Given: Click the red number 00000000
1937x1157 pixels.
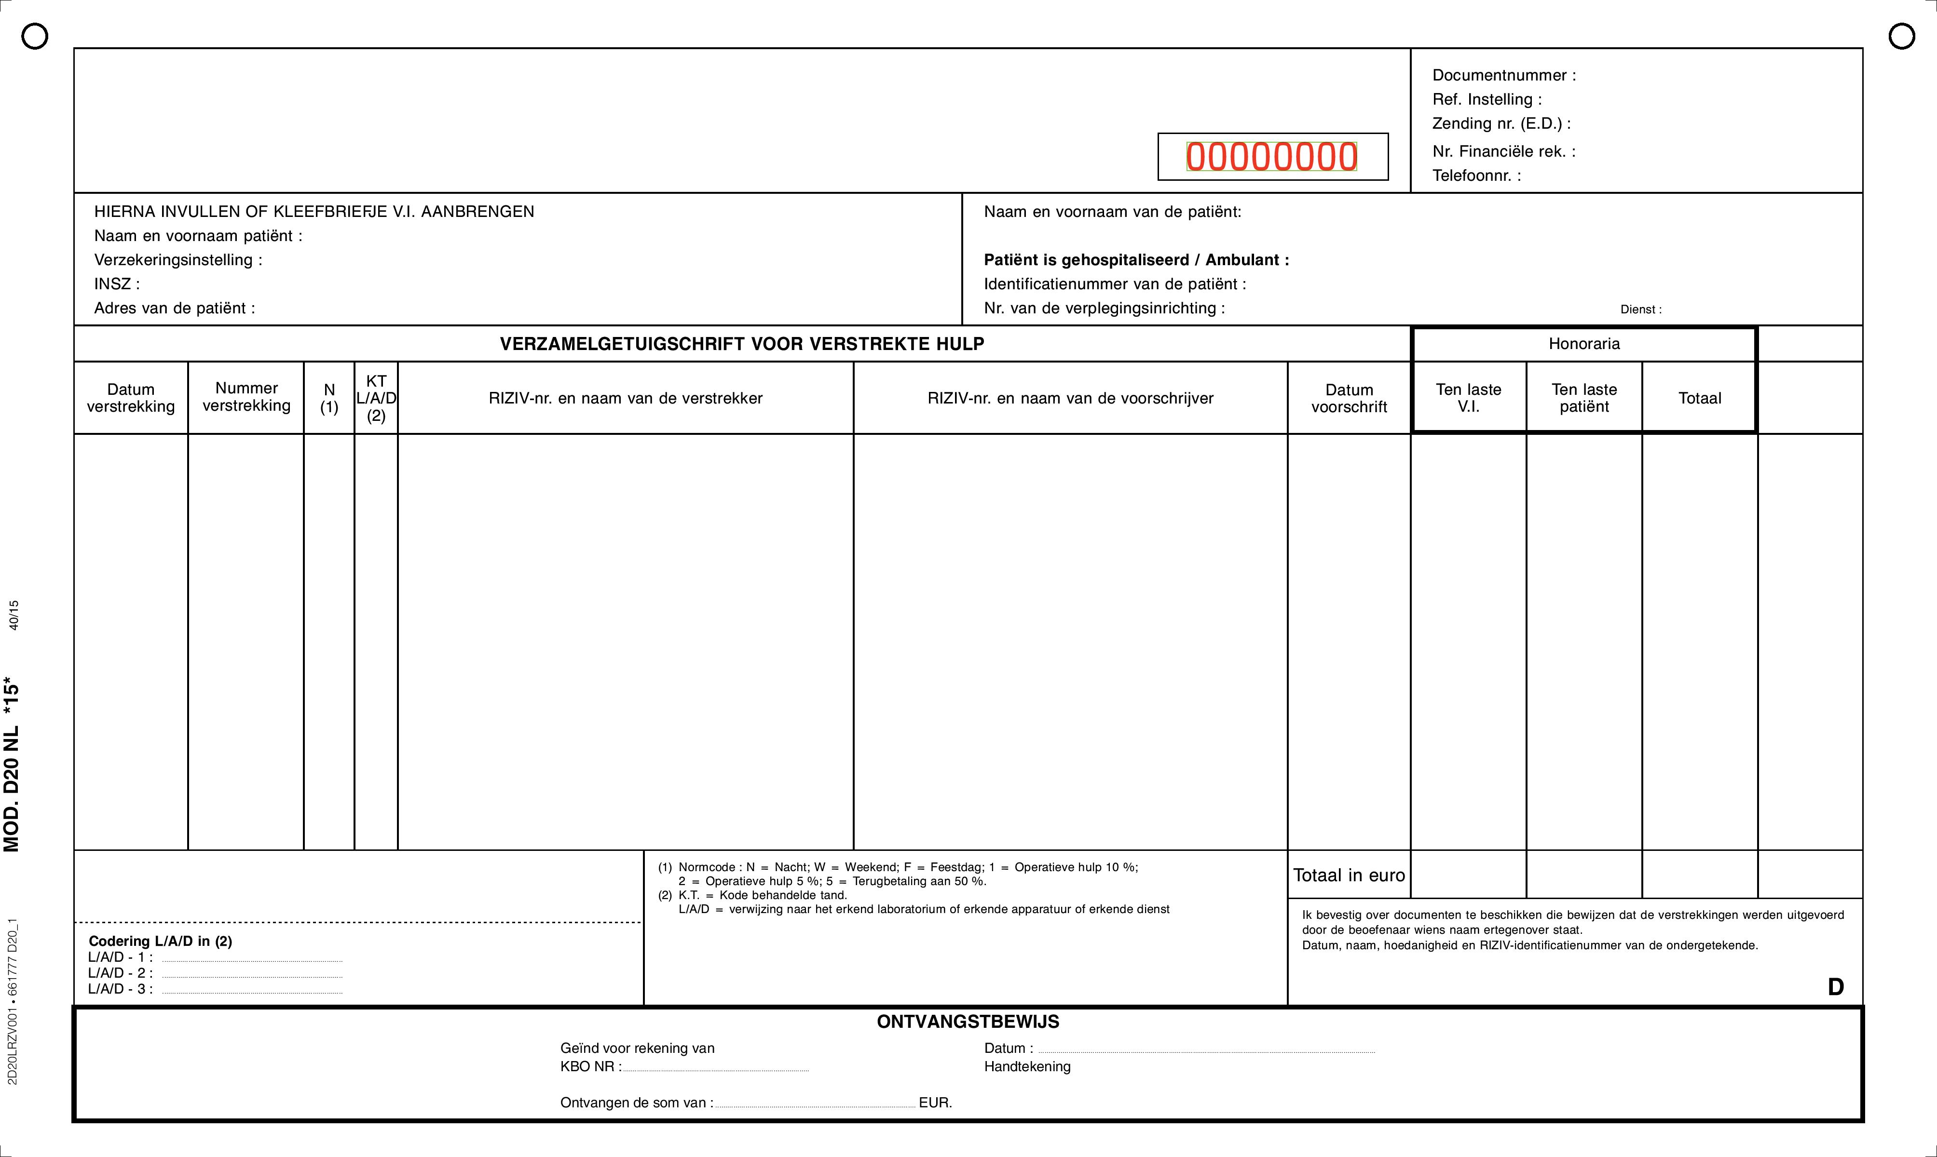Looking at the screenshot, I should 1272,157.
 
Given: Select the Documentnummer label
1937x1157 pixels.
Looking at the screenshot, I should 1503,76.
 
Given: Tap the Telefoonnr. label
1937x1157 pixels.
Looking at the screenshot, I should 1476,175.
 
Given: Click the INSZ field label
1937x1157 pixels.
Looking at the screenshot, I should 117,284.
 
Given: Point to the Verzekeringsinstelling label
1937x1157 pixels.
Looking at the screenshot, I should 178,260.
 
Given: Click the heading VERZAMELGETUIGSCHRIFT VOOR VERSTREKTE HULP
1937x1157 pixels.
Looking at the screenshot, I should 742,344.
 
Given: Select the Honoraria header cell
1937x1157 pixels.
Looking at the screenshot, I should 1584,344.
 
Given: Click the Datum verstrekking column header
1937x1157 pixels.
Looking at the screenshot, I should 131,398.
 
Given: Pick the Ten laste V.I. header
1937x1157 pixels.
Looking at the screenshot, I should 1468,398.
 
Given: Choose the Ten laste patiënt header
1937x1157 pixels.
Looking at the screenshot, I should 1584,398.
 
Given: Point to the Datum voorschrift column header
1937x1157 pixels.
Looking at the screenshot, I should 1349,398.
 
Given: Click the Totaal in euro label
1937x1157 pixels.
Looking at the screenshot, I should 1349,875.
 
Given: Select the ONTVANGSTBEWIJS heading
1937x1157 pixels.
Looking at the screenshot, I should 968,1022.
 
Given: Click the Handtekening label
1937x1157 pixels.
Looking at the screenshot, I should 1027,1066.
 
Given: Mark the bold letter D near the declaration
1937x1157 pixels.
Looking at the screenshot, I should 1836,987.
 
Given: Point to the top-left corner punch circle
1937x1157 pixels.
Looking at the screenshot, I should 34,36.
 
